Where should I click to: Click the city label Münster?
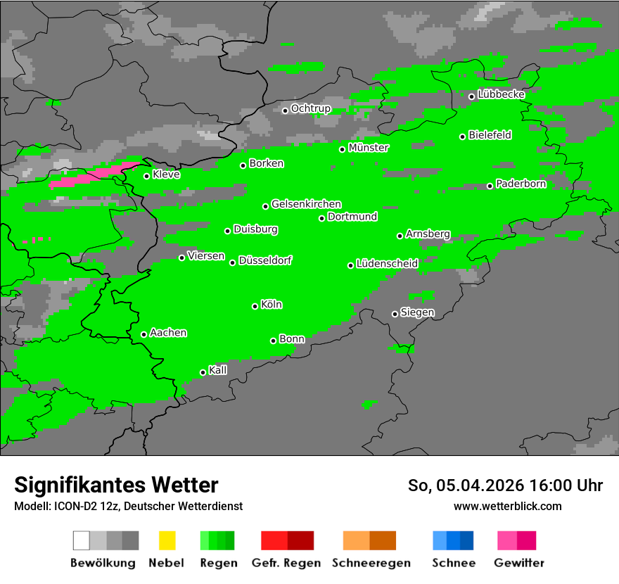tap(369, 148)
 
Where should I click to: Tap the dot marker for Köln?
tap(255, 306)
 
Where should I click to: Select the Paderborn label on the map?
tap(521, 184)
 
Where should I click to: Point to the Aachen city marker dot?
tap(144, 334)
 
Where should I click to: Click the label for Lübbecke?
tap(502, 94)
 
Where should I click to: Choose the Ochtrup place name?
tap(311, 109)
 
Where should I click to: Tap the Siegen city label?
tap(418, 312)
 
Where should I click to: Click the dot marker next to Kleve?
tap(147, 176)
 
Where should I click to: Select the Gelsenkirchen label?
tap(307, 204)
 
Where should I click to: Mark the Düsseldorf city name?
tap(265, 260)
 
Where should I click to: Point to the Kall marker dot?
tap(203, 372)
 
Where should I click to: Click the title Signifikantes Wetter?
tap(116, 485)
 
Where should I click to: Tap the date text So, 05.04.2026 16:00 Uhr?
tap(505, 485)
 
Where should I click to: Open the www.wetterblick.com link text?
tap(508, 506)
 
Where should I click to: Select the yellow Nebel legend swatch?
tap(167, 540)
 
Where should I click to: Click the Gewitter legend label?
tap(519, 563)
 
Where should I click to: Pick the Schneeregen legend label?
tap(371, 563)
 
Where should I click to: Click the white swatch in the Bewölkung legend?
tap(82, 540)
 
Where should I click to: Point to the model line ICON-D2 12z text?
tap(128, 506)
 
